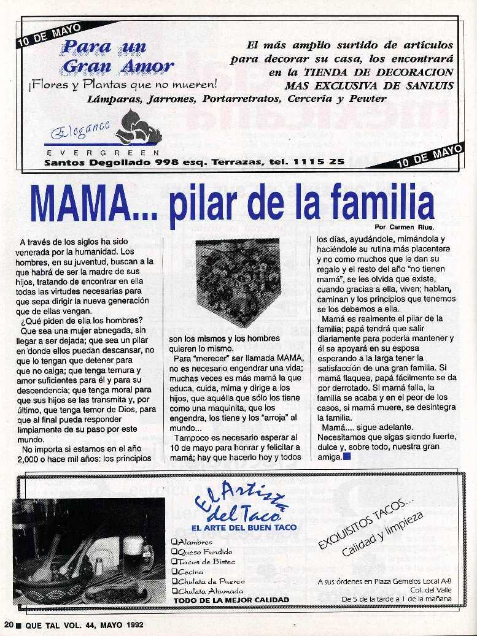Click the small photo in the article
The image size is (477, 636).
(x=237, y=283)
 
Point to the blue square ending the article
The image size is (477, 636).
(x=347, y=456)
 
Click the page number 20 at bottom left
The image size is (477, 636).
(x=7, y=625)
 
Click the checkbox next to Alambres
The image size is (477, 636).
(x=175, y=542)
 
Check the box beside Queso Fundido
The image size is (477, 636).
(x=175, y=551)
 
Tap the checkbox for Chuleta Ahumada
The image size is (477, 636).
(x=175, y=591)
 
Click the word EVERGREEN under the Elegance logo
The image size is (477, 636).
(x=103, y=151)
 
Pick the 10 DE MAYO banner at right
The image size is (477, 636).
(x=430, y=155)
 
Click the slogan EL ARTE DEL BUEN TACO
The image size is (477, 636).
(x=244, y=527)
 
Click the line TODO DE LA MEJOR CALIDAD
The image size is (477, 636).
(x=231, y=600)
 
